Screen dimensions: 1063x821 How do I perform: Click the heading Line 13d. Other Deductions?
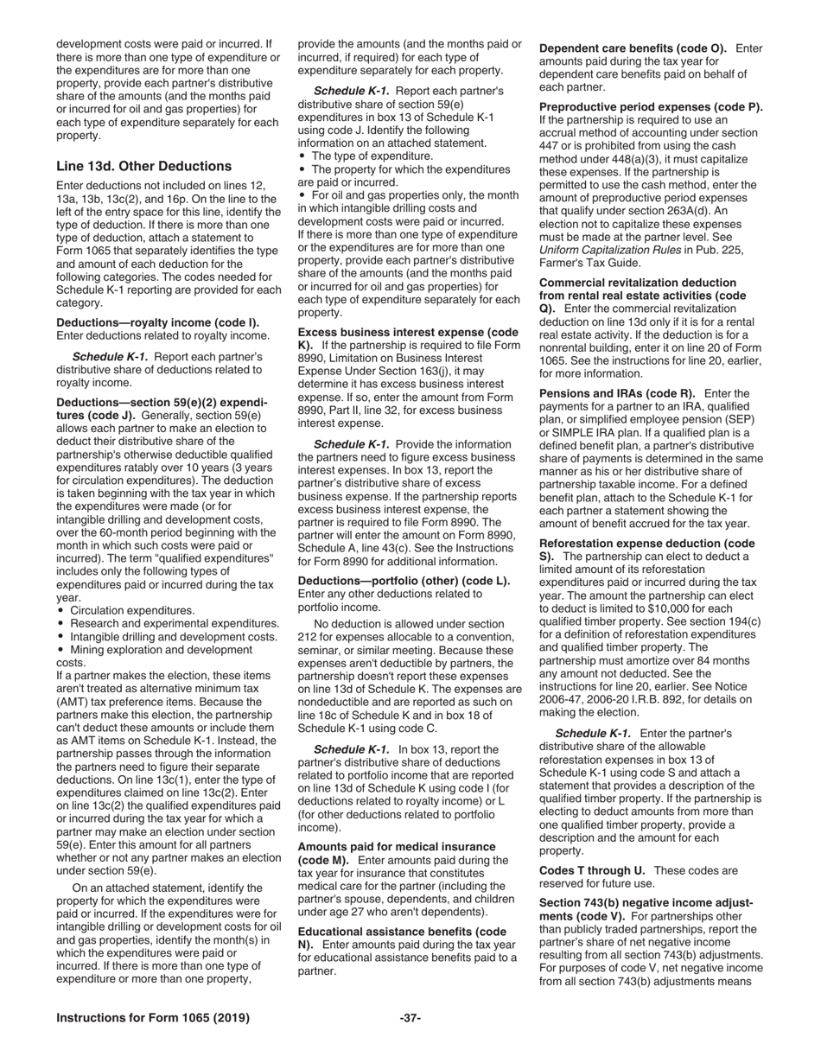coord(143,166)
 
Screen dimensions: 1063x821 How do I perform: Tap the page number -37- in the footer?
coord(410,1018)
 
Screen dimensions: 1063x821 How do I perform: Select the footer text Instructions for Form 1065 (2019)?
coord(153,1018)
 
